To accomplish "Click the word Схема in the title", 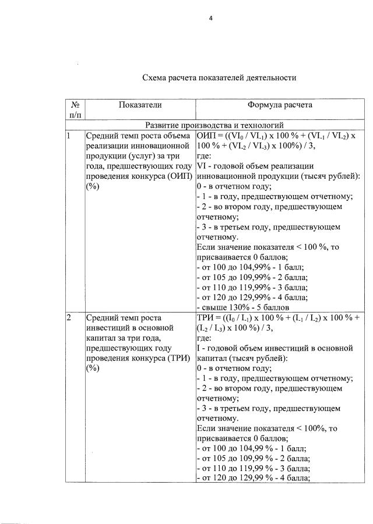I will pos(156,77).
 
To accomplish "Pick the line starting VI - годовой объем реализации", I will pos(256,166).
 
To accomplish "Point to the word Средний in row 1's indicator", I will pos(102,136).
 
